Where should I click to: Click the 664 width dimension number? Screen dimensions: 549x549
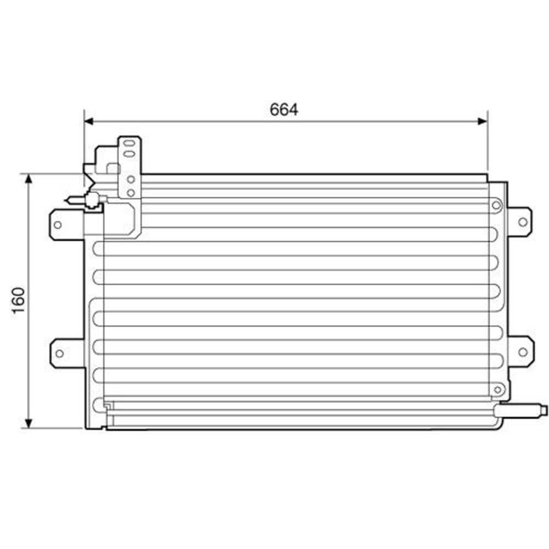click(x=284, y=110)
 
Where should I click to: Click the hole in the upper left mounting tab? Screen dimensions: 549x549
click(x=58, y=224)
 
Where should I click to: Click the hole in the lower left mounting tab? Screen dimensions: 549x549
click(x=59, y=354)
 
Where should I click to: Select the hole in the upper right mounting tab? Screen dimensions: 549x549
click(x=522, y=222)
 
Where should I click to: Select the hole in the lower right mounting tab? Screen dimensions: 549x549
click(x=522, y=351)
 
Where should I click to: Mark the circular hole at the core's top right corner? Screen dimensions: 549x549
click(x=496, y=205)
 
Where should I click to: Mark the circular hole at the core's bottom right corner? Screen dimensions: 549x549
click(x=497, y=389)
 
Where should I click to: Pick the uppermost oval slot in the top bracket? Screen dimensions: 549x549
click(x=130, y=144)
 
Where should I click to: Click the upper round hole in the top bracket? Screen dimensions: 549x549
click(x=131, y=179)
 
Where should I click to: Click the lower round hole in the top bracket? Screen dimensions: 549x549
click(x=131, y=192)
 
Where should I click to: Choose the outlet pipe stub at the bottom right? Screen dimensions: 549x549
click(x=519, y=409)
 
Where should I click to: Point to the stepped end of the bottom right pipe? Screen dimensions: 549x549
click(x=544, y=409)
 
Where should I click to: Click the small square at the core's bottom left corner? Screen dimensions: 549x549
click(x=107, y=406)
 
